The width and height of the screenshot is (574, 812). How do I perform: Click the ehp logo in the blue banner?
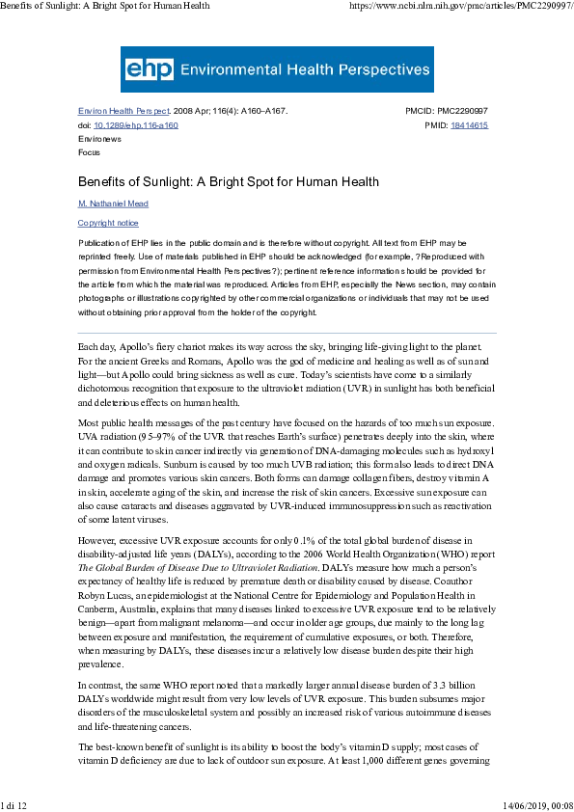[142, 69]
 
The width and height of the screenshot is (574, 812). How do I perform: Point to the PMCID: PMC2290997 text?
[447, 112]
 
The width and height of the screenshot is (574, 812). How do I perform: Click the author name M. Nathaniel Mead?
[113, 203]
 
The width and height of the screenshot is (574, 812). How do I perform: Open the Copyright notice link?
[108, 223]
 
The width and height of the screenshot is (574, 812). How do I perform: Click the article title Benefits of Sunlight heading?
[228, 181]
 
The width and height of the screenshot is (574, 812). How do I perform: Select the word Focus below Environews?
[89, 152]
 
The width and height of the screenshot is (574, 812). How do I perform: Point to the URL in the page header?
[458, 6]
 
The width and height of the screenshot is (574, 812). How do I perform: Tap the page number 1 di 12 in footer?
[15, 804]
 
